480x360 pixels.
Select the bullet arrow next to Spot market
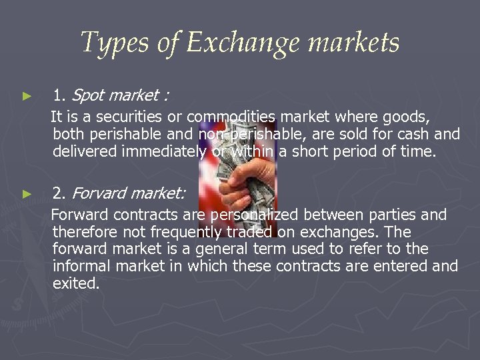pos(27,97)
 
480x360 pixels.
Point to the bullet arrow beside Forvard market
pos(27,194)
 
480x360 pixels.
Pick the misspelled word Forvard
pos(99,193)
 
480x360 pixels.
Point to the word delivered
pos(85,151)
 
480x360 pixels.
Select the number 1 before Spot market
pos(59,96)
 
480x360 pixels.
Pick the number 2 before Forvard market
pos(59,193)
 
